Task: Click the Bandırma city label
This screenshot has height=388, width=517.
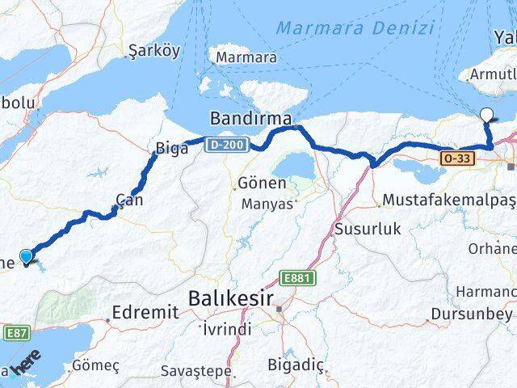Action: [x=250, y=119]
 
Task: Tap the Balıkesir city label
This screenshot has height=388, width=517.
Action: [x=231, y=298]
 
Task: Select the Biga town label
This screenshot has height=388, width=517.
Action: [x=171, y=149]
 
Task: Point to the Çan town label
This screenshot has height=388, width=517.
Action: [x=129, y=199]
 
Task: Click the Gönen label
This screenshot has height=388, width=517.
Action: [x=262, y=183]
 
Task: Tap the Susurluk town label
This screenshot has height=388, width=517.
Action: [x=368, y=229]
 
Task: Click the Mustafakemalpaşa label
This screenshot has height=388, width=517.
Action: [x=449, y=199]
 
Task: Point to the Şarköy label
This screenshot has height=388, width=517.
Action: [x=153, y=50]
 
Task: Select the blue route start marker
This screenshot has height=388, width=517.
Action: [x=26, y=257]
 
